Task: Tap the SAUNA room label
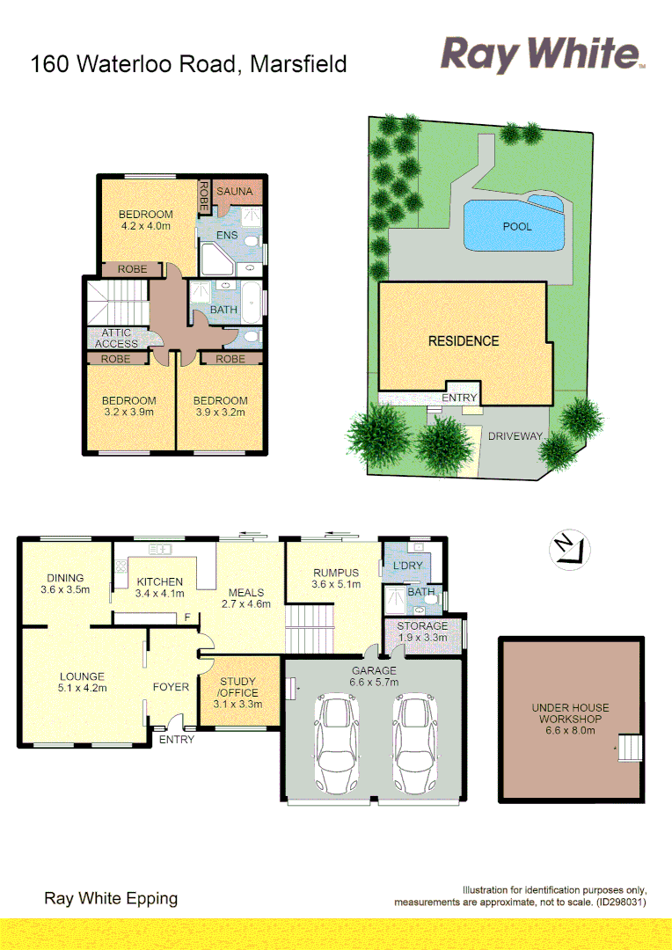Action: click(x=236, y=192)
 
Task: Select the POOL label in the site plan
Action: click(x=517, y=227)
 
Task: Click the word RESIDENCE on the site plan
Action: click(x=464, y=340)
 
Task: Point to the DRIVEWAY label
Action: click(x=515, y=436)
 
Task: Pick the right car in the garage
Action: click(x=414, y=745)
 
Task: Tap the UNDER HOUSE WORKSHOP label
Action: click(x=570, y=713)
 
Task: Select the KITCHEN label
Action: click(x=160, y=581)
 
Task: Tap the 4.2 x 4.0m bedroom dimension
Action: click(x=146, y=226)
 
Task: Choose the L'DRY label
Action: click(x=408, y=565)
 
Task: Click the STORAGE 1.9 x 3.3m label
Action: click(x=422, y=632)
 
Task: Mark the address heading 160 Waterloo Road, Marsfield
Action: click(x=188, y=64)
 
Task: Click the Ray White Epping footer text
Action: click(x=111, y=898)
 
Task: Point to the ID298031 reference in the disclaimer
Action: click(x=623, y=902)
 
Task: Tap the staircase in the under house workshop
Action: click(x=632, y=749)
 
